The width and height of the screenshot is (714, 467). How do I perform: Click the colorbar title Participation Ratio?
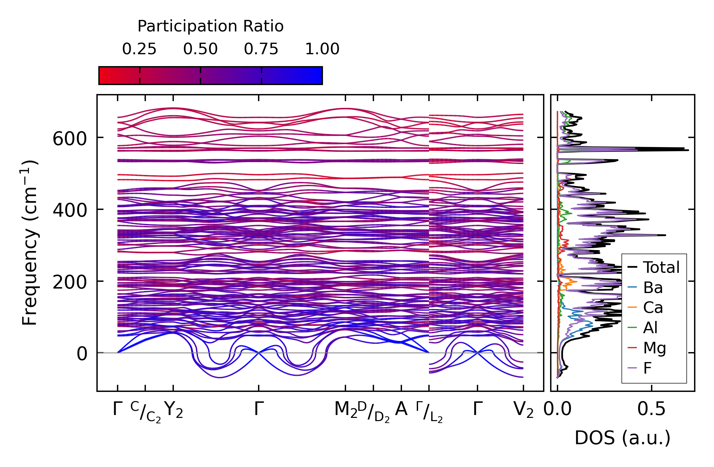pos(210,26)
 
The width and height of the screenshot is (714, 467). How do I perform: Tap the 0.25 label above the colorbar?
pos(139,49)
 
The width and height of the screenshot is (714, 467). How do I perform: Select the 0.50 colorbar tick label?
pos(200,49)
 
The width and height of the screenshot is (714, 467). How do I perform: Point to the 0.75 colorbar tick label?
pos(261,49)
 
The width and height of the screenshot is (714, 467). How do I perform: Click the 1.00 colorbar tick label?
pos(322,49)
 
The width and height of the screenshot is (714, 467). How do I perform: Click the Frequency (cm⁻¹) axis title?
pos(30,243)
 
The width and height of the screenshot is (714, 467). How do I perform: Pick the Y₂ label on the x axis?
pos(174,410)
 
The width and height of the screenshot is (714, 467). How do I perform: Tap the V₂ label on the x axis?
pos(523,410)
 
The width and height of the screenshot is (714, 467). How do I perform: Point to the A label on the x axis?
pos(401,409)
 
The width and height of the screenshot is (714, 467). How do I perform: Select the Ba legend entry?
pos(653,288)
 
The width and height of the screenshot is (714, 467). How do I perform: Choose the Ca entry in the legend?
pos(653,307)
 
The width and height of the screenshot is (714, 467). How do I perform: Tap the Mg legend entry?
pos(654,348)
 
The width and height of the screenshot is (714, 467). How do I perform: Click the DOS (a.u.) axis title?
pos(622,438)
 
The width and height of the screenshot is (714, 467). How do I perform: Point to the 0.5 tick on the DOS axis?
pos(651,409)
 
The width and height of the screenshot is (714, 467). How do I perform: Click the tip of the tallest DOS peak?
pos(688,150)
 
